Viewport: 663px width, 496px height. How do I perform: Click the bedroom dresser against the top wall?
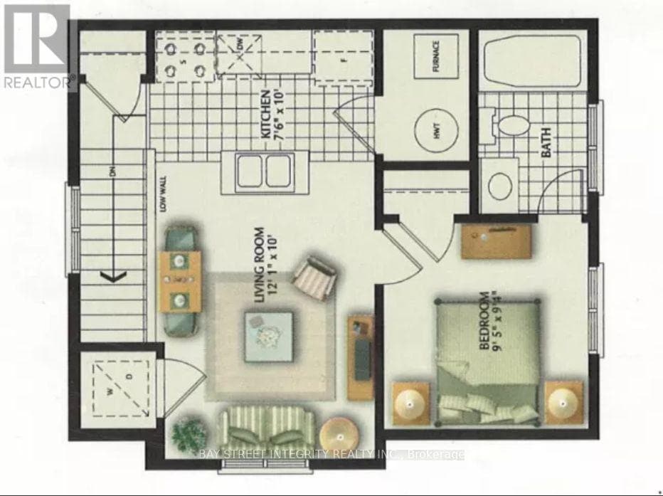coord(496,238)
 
